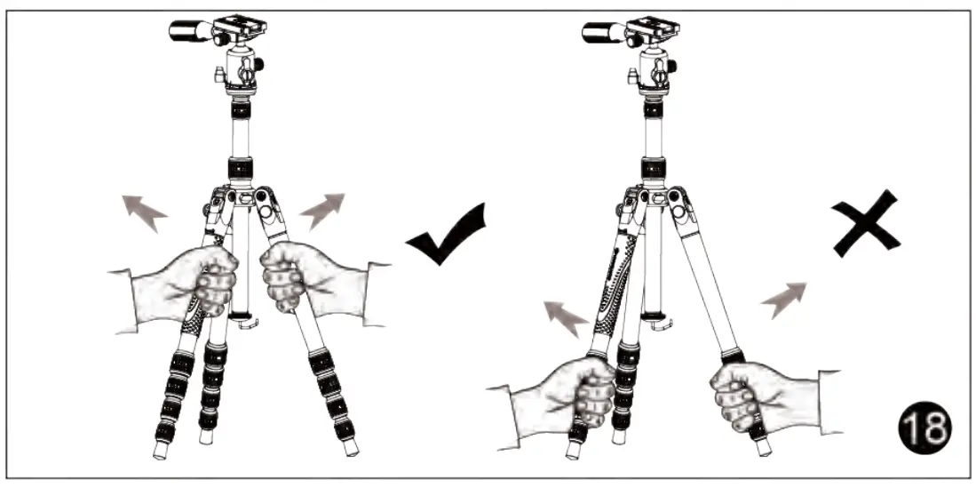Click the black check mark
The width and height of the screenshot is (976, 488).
coord(447,238)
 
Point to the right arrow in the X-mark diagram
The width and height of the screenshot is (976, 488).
coord(783,299)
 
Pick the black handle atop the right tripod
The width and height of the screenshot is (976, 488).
coord(604,33)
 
